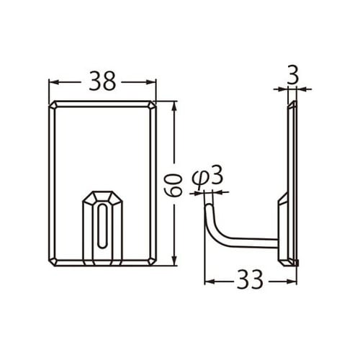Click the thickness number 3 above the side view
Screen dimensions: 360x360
[x=292, y=73]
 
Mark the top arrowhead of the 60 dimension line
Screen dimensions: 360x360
[x=174, y=105]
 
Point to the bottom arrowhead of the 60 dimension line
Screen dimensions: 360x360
[x=174, y=262]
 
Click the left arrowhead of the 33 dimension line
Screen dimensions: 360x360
[x=209, y=279]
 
